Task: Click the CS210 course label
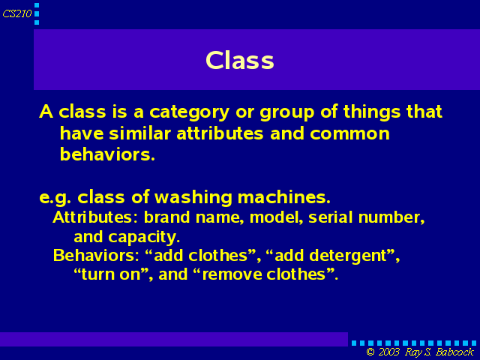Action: (x=17, y=13)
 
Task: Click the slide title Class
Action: (x=240, y=60)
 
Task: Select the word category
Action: (x=189, y=112)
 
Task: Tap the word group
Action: (x=286, y=112)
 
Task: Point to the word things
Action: (x=372, y=112)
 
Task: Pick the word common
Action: (x=349, y=134)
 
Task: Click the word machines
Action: (x=284, y=197)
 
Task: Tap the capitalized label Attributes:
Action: (x=97, y=217)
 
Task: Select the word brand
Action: (x=166, y=217)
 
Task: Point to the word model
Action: (x=277, y=217)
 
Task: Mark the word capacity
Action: (x=144, y=237)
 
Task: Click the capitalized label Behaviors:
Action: (x=96, y=255)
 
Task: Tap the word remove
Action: (x=232, y=274)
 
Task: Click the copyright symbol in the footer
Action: (x=370, y=352)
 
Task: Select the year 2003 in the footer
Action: (x=388, y=352)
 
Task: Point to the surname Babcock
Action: (x=454, y=352)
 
